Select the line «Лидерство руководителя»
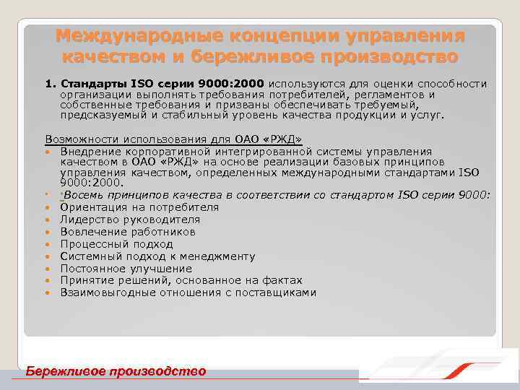pos(120,220)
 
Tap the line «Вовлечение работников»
pos(118,232)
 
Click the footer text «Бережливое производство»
pos(116,370)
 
